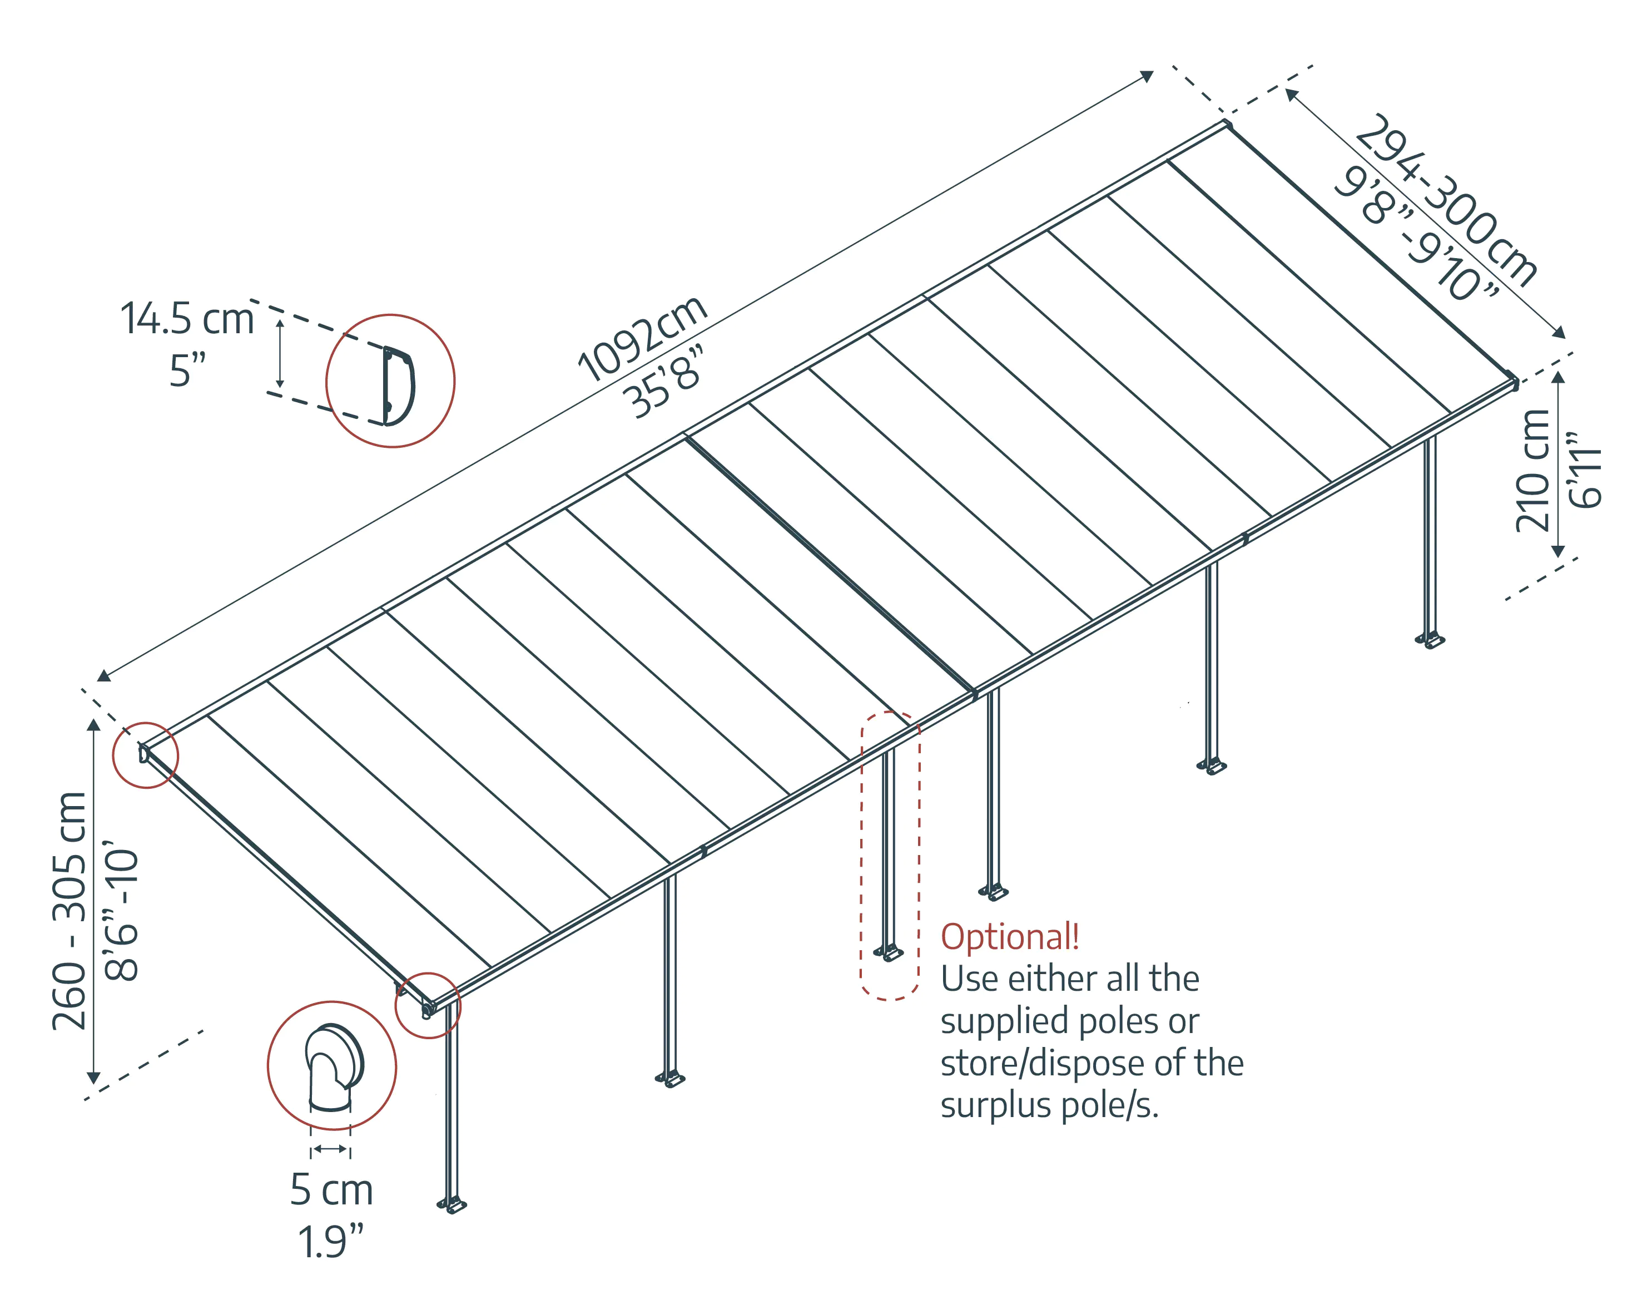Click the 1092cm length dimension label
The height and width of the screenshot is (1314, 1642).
tap(642, 338)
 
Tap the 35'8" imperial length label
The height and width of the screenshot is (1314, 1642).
tap(661, 382)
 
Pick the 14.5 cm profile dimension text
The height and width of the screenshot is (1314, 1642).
tap(187, 318)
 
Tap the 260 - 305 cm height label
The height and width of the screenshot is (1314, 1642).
tap(70, 910)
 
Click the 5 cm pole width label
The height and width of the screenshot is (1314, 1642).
tap(331, 1190)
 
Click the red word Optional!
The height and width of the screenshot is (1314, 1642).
tap(1009, 936)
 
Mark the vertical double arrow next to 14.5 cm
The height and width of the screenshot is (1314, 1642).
tap(280, 353)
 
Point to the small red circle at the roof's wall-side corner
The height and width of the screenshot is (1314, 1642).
tap(146, 755)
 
